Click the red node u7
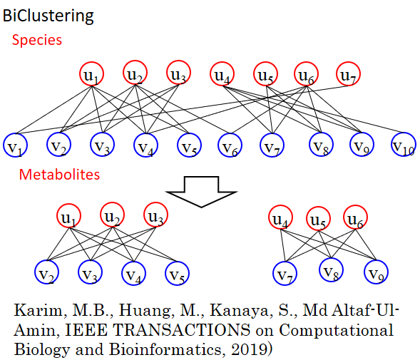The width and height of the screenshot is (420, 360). coord(348,73)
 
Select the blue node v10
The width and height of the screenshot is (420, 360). coord(404,145)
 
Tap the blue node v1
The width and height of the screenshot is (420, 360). coord(16,145)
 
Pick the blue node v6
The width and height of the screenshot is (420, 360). coord(230,145)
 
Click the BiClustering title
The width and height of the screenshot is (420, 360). coord(48,16)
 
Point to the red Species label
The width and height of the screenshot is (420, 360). coord(37,40)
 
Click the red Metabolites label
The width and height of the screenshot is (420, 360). coord(59,175)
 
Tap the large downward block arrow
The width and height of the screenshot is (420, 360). coord(201,192)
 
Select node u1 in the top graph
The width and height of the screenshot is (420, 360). coord(91,73)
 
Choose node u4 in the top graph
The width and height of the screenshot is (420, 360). coord(222,73)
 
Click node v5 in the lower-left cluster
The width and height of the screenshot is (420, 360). coord(177,273)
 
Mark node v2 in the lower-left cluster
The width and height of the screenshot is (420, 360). coord(47,272)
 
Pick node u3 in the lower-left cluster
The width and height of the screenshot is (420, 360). coord(156,215)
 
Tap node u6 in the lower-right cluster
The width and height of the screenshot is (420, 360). coord(355,217)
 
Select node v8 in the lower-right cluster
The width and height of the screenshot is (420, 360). coord(332,270)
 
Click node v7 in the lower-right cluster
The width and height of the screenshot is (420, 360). coord(285,273)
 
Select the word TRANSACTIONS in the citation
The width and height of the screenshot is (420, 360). coord(182,330)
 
